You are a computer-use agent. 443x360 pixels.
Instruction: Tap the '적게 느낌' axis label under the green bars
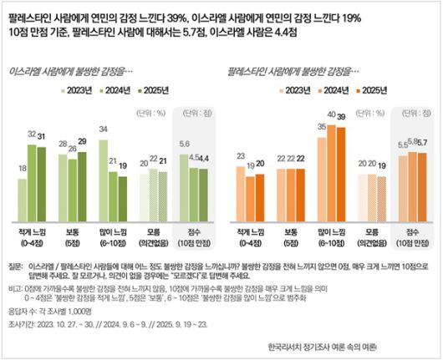pos(29,228)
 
